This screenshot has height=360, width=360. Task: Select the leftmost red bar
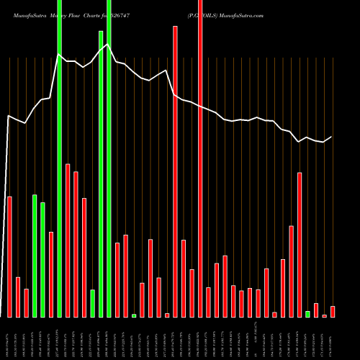pos(10,256)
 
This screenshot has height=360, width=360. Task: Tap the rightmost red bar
pos(333,311)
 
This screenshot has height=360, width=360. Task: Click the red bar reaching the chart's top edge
pos(200,158)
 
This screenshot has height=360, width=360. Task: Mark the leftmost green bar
pos(35,256)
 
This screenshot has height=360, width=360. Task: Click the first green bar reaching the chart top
pos(59,158)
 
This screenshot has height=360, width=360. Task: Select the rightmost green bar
pos(307,314)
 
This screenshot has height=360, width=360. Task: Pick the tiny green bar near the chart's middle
pos(134,315)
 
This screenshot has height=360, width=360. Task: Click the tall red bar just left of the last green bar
pos(300,245)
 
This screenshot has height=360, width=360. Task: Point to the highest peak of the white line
pos(109,45)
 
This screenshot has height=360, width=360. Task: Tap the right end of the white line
pos(332,137)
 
